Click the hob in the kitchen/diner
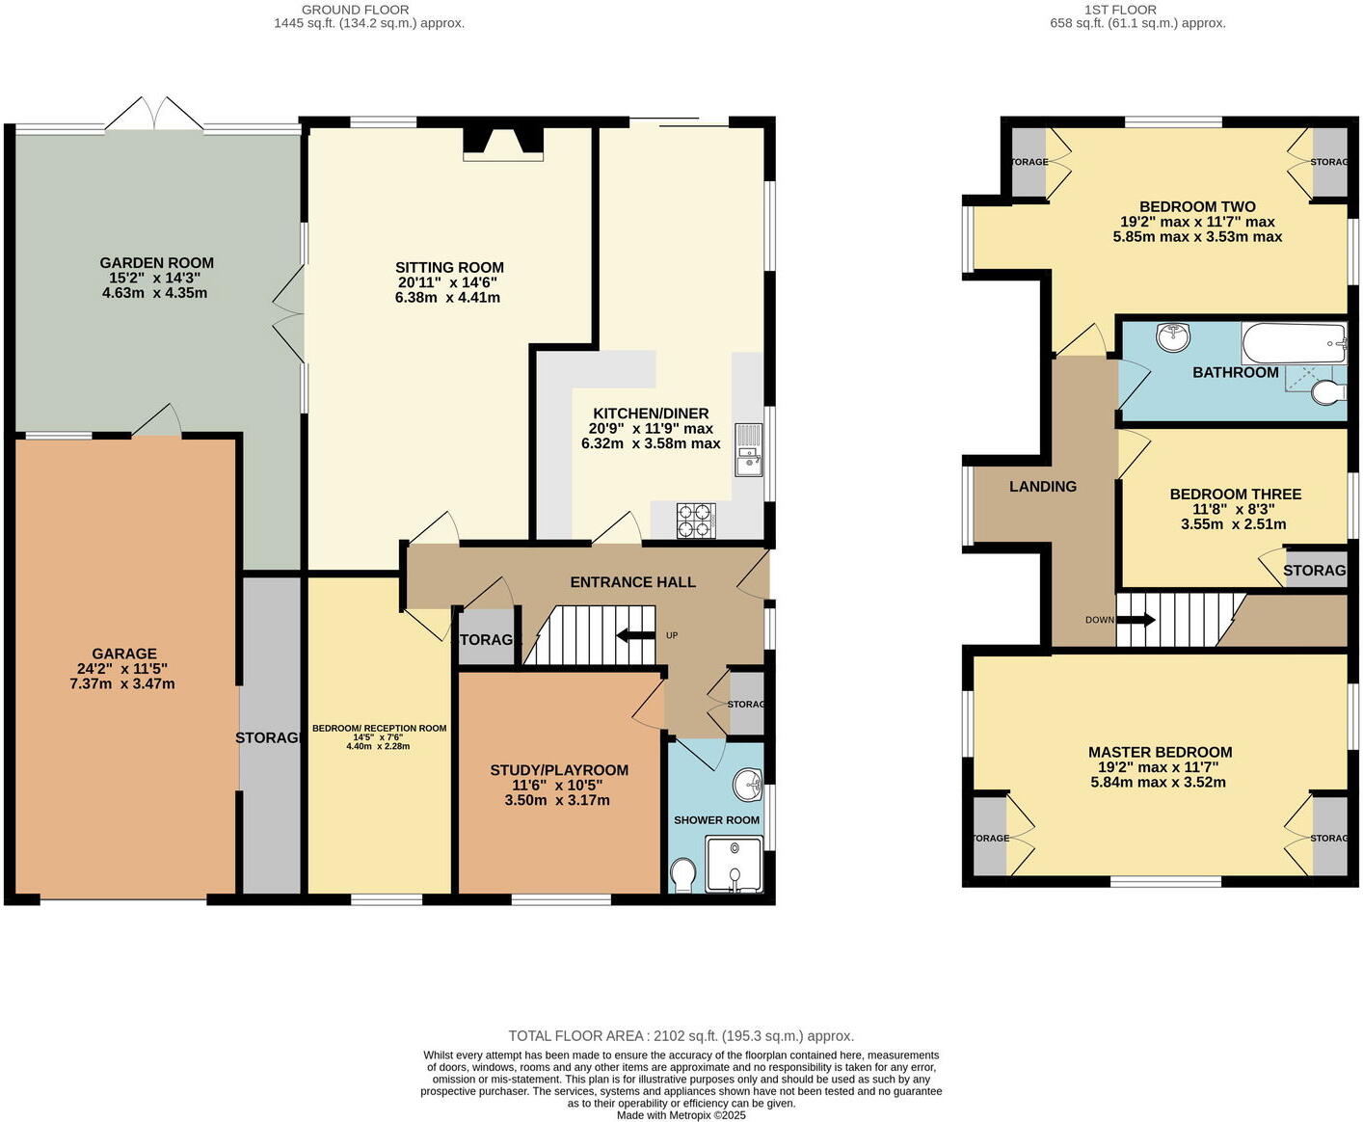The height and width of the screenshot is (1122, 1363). click(x=695, y=521)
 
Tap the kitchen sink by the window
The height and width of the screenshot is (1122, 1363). click(x=748, y=451)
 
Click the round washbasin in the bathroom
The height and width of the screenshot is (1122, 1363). click(x=1174, y=336)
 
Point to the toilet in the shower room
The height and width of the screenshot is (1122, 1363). click(x=682, y=875)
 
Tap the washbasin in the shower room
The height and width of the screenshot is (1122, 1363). click(x=748, y=786)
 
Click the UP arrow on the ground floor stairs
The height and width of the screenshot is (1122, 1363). click(x=636, y=635)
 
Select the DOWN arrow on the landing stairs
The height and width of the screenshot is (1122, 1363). click(x=1135, y=620)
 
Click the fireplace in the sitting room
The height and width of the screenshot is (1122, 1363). click(x=502, y=142)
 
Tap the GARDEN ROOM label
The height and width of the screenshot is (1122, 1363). click(x=156, y=263)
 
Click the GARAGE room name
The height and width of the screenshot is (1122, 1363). click(x=124, y=654)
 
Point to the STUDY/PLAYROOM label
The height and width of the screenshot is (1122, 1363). click(x=559, y=770)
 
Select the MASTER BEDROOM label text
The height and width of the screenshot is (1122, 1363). click(x=1160, y=752)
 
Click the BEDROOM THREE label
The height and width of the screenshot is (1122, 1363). click(x=1235, y=494)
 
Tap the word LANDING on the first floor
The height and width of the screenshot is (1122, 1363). click(x=1042, y=487)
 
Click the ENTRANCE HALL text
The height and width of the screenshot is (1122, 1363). click(x=632, y=582)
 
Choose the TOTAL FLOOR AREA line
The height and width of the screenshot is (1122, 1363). click(x=681, y=1036)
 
